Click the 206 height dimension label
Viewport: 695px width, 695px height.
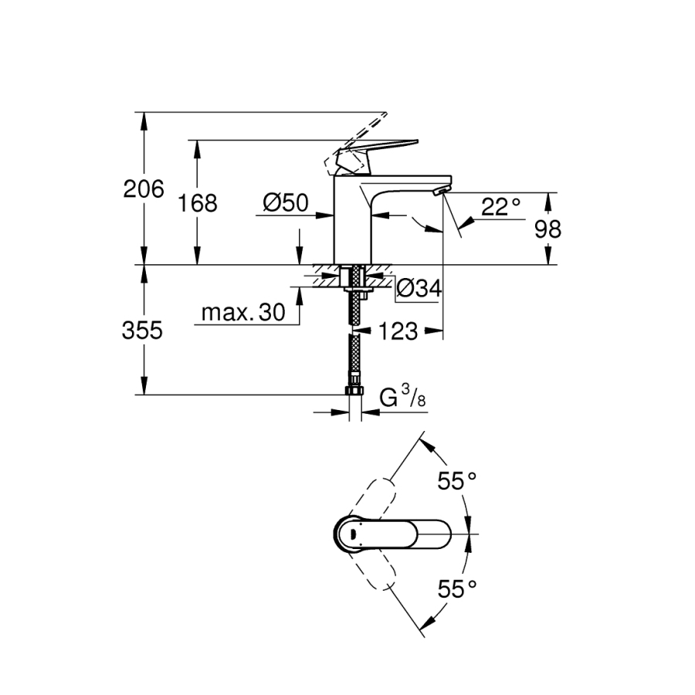click(144, 189)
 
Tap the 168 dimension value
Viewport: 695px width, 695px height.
click(198, 203)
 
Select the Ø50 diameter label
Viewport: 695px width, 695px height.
click(286, 203)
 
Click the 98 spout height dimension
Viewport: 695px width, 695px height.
click(548, 229)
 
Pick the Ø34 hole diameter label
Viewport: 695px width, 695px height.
click(419, 289)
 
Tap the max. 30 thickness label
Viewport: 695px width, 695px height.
click(243, 313)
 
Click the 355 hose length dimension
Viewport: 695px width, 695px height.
click(142, 331)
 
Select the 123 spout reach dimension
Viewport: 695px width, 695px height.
click(398, 331)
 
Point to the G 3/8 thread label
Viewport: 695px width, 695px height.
click(403, 396)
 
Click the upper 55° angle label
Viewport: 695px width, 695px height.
click(457, 481)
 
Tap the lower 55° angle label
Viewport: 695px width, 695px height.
click(457, 589)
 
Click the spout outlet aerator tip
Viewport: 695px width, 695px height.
click(441, 191)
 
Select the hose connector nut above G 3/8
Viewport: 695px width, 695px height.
click(354, 390)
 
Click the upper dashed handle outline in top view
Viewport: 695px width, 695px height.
click(375, 499)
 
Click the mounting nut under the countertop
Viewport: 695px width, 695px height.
click(358, 290)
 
